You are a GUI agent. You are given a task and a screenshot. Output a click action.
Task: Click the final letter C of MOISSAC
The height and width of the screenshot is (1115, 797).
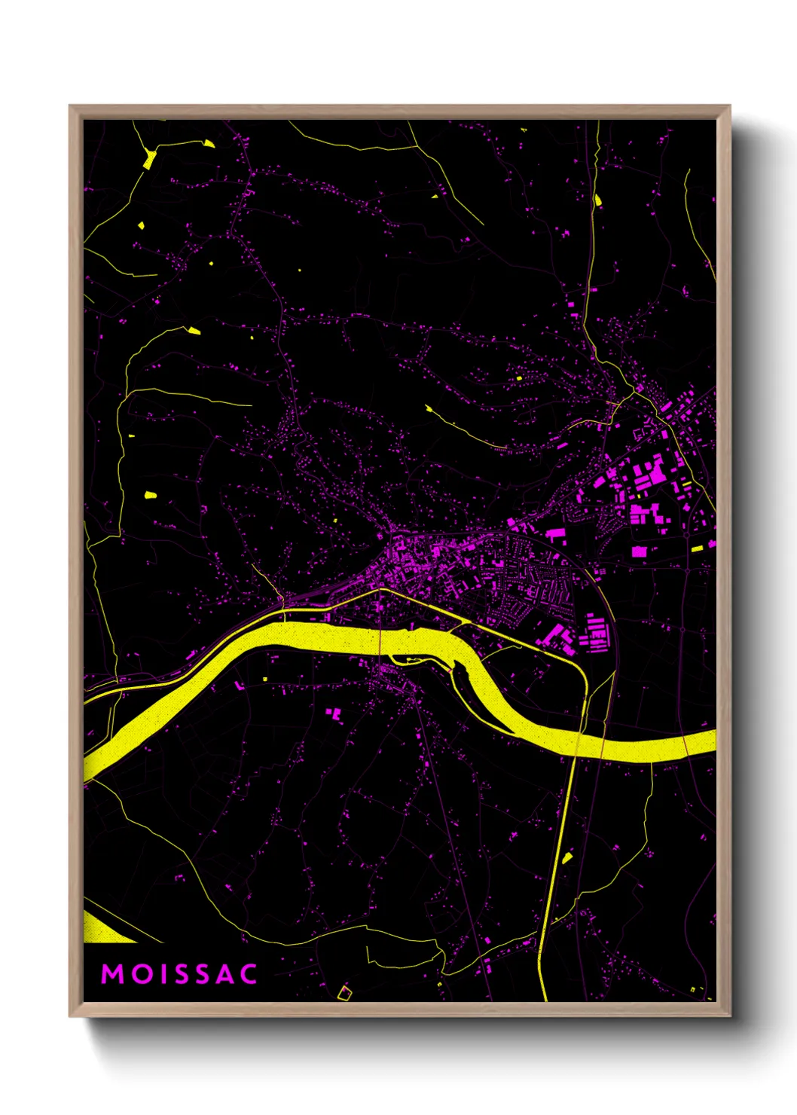pos(249,974)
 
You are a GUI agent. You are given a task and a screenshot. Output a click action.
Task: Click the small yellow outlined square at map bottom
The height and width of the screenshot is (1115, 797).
pos(344,993)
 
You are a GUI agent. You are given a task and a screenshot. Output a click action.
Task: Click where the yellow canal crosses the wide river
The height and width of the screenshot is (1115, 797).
pos(580,735)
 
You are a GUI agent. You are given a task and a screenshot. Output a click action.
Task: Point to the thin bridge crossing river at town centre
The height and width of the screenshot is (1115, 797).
pos(380,640)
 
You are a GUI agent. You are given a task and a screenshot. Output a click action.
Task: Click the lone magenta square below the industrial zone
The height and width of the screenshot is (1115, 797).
pos(639,551)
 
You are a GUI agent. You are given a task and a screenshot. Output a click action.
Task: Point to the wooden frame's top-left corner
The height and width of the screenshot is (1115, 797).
pos(71,107)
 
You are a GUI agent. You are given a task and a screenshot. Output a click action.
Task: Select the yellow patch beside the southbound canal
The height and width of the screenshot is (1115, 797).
pos(567,857)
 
